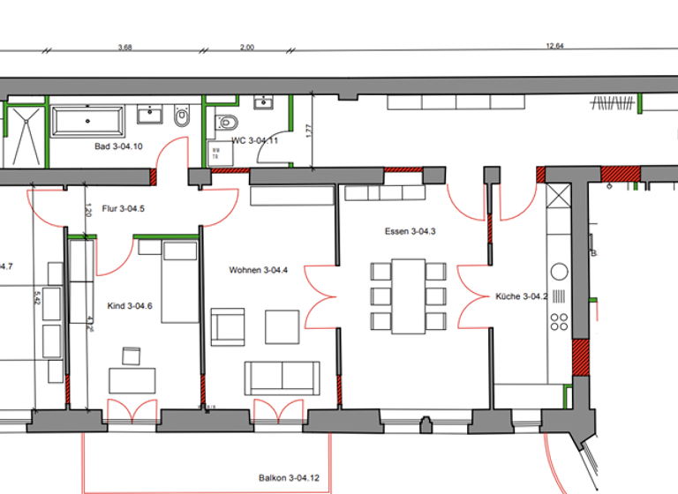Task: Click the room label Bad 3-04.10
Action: [x=118, y=146]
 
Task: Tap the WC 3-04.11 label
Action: [x=254, y=140]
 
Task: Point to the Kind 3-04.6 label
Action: [x=130, y=306]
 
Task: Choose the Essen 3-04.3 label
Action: [x=411, y=231]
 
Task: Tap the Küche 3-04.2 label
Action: [x=522, y=296]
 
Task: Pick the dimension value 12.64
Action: [x=554, y=47]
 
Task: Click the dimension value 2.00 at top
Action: [x=246, y=47]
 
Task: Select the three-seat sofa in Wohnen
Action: [x=281, y=377]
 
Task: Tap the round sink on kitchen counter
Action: [x=559, y=270]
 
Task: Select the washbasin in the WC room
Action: [x=262, y=106]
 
